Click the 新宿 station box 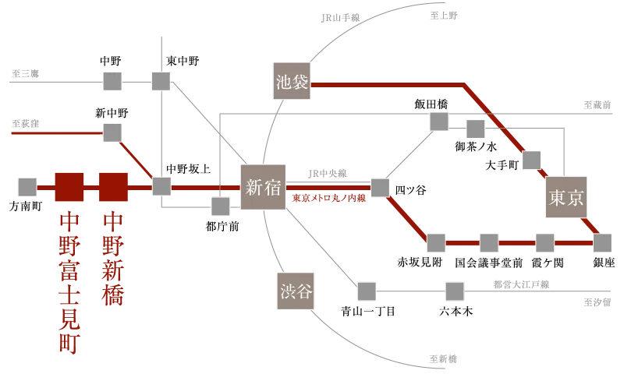263,187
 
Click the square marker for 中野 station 112,80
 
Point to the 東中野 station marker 161,80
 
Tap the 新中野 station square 112,132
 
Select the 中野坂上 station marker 161,186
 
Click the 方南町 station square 27,186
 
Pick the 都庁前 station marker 221,205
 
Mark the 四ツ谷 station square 380,187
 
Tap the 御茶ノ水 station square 475,129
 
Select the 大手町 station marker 532,160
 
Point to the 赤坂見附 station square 435,242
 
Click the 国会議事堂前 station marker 488,242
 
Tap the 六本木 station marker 454,291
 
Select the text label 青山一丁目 369,311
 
